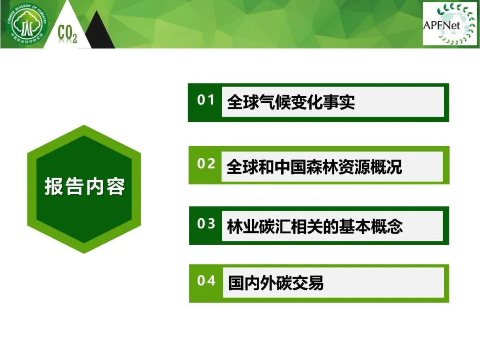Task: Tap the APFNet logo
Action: click(449, 24)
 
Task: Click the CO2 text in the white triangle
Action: click(68, 34)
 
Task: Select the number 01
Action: click(205, 100)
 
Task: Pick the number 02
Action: click(206, 164)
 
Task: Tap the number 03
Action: click(206, 224)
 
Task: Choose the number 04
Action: click(206, 280)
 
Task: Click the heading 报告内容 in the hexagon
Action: click(85, 186)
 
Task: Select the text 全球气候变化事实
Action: click(291, 102)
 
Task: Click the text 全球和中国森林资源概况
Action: click(314, 167)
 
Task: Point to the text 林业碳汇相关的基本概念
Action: click(315, 227)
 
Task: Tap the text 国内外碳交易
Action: click(276, 283)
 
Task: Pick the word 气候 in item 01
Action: click(275, 102)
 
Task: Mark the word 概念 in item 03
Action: click(387, 227)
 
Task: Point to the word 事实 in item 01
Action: click(339, 102)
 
